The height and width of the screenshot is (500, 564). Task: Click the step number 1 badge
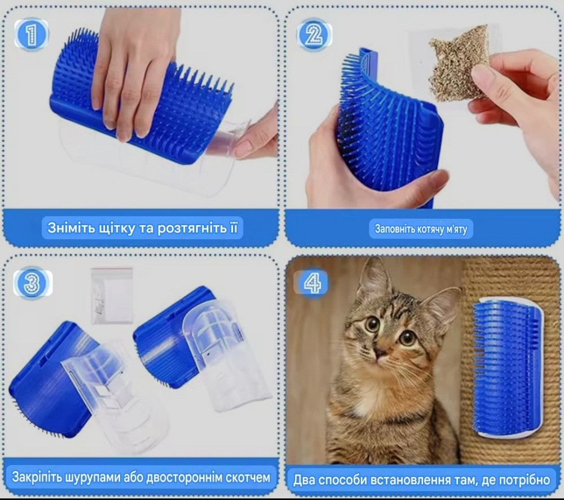tap(31, 34)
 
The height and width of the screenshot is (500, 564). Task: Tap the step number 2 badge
tap(314, 35)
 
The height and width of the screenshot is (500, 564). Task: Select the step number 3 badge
tap(33, 283)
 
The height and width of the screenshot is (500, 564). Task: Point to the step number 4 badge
tap(311, 283)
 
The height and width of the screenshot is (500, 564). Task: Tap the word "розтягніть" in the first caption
tap(192, 229)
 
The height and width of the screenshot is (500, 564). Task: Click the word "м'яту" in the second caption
tap(457, 229)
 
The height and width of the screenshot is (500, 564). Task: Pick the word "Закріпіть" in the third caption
tap(37, 477)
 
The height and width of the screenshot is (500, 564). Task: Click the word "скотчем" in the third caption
tap(248, 477)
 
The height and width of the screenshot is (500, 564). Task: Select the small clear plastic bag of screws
tap(112, 295)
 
